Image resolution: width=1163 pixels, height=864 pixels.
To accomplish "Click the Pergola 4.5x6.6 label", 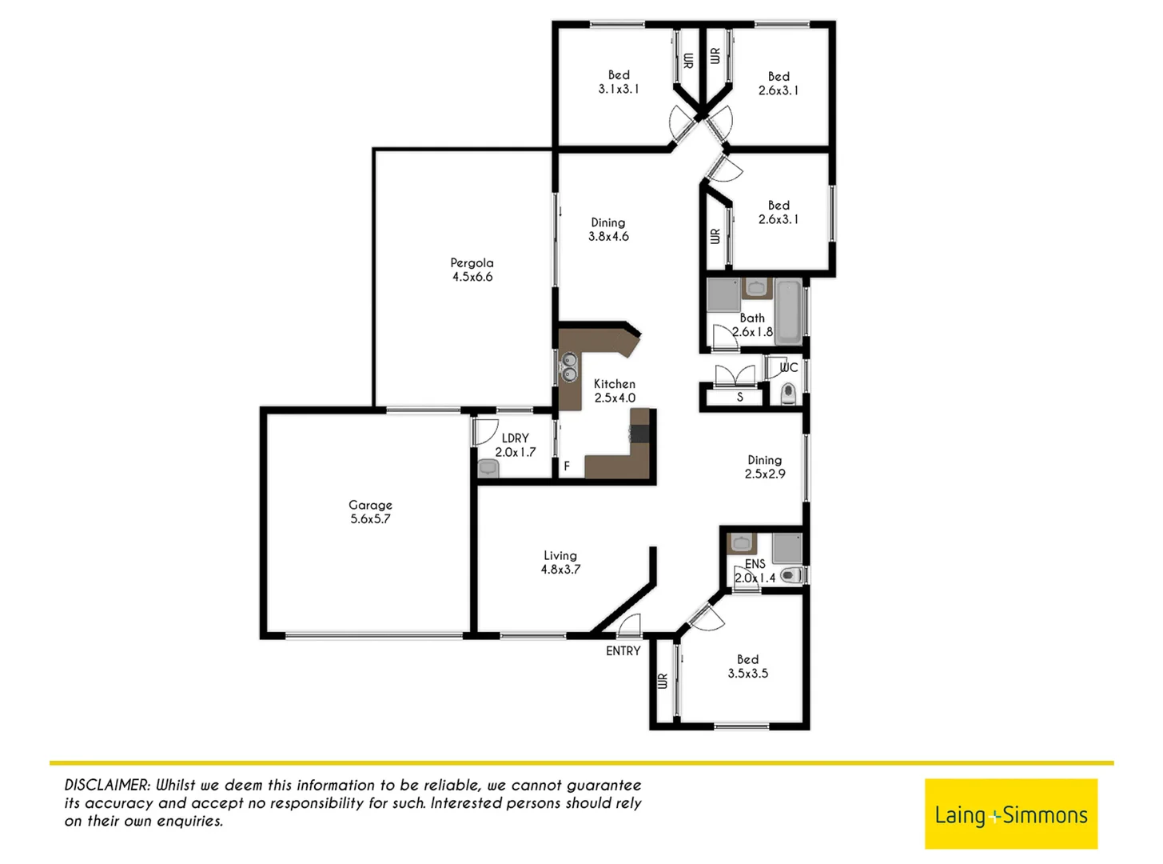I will [472, 270].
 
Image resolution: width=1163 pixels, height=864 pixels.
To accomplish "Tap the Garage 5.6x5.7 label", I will [370, 512].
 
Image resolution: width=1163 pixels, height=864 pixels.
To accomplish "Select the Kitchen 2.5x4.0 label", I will [615, 390].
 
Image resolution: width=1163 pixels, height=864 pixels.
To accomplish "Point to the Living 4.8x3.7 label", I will [560, 562].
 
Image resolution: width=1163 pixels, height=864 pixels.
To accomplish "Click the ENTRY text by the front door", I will [623, 651].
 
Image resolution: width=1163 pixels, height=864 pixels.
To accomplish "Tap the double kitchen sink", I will [569, 367].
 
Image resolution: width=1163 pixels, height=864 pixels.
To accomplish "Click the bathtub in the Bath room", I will [789, 312].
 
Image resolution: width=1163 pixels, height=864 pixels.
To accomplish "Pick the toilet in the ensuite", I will [791, 575].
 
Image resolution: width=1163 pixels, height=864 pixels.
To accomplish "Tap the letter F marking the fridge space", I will [567, 466].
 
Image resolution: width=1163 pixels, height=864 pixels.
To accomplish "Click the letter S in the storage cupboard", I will [740, 397].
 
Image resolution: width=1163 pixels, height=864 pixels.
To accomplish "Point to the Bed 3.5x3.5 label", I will [747, 666].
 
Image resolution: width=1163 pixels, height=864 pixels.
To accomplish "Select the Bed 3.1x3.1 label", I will [619, 82].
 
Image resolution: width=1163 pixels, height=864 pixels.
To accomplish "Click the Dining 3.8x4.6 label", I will [608, 230].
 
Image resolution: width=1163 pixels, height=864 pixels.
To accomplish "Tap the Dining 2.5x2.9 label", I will [765, 466].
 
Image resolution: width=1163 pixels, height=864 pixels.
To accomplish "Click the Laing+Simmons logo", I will [1010, 814].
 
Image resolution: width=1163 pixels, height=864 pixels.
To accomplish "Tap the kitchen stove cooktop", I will [640, 434].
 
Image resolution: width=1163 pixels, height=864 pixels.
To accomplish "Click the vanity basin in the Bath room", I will [755, 288].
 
